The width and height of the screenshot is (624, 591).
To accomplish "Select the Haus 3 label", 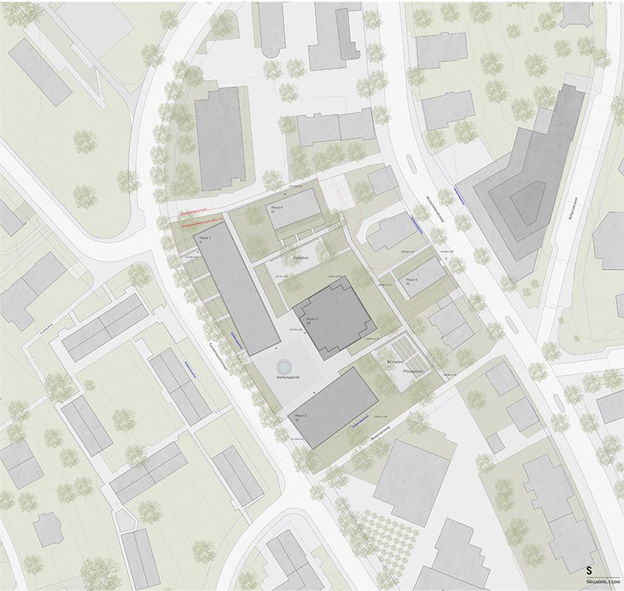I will [301, 417].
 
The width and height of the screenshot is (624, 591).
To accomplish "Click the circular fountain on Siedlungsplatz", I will [282, 366].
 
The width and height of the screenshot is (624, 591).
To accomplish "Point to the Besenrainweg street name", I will [381, 435].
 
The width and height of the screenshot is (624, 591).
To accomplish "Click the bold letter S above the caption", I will [589, 570].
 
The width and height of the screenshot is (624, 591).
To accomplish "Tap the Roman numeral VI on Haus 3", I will [301, 422].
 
